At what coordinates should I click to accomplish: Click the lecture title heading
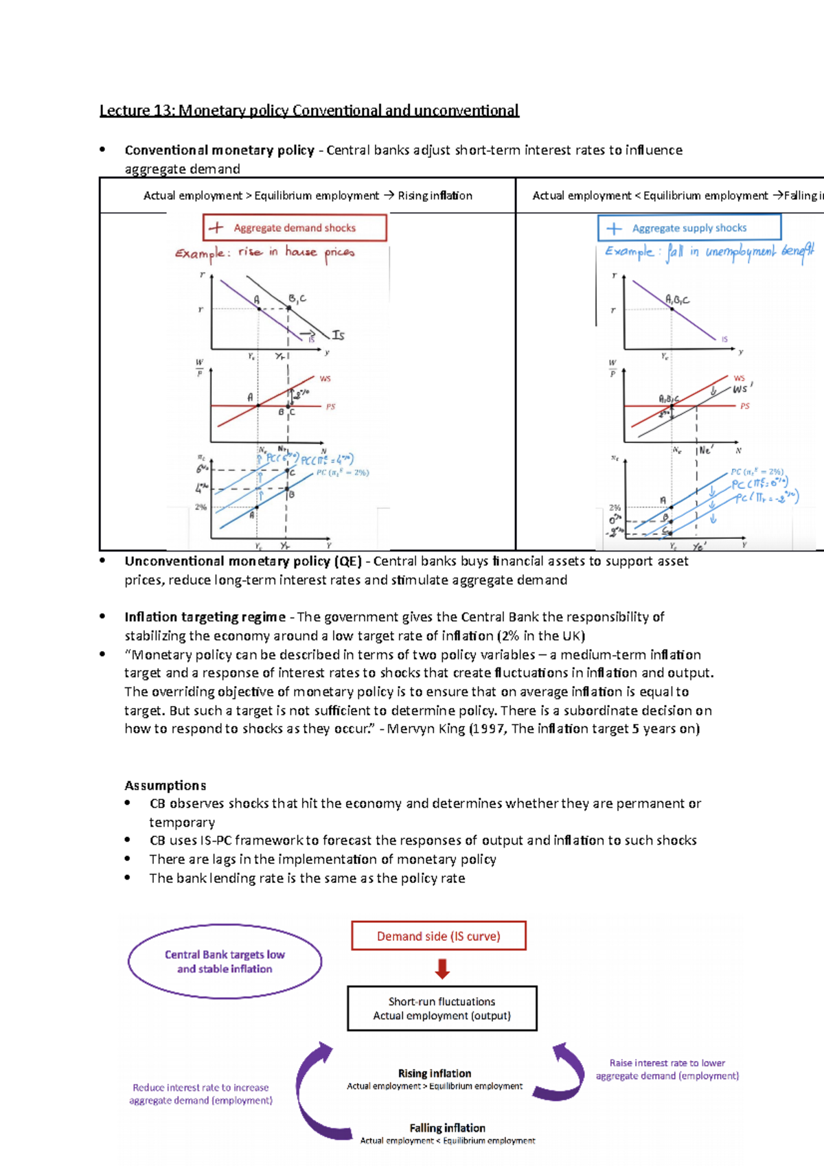(309, 111)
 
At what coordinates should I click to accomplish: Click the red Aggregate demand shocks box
(295, 227)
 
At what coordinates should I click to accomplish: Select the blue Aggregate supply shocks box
(689, 227)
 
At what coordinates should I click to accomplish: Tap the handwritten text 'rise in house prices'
(296, 252)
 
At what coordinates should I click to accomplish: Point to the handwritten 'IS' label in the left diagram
(338, 335)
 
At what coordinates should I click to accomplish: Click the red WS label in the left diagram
(325, 378)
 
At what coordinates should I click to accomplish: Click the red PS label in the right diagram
(745, 406)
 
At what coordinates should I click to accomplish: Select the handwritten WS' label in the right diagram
(741, 389)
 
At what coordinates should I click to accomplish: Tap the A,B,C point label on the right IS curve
(677, 299)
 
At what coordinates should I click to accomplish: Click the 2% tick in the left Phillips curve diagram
(201, 507)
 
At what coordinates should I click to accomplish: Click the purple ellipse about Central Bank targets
(225, 961)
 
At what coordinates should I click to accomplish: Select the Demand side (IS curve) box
(438, 936)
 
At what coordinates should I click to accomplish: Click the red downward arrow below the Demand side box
(442, 969)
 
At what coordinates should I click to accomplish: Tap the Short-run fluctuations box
(442, 1008)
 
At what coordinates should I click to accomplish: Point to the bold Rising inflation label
(435, 1073)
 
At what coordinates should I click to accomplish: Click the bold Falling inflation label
(447, 1128)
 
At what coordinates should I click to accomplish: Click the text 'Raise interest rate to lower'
(667, 1062)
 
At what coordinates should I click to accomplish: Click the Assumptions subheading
(165, 785)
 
